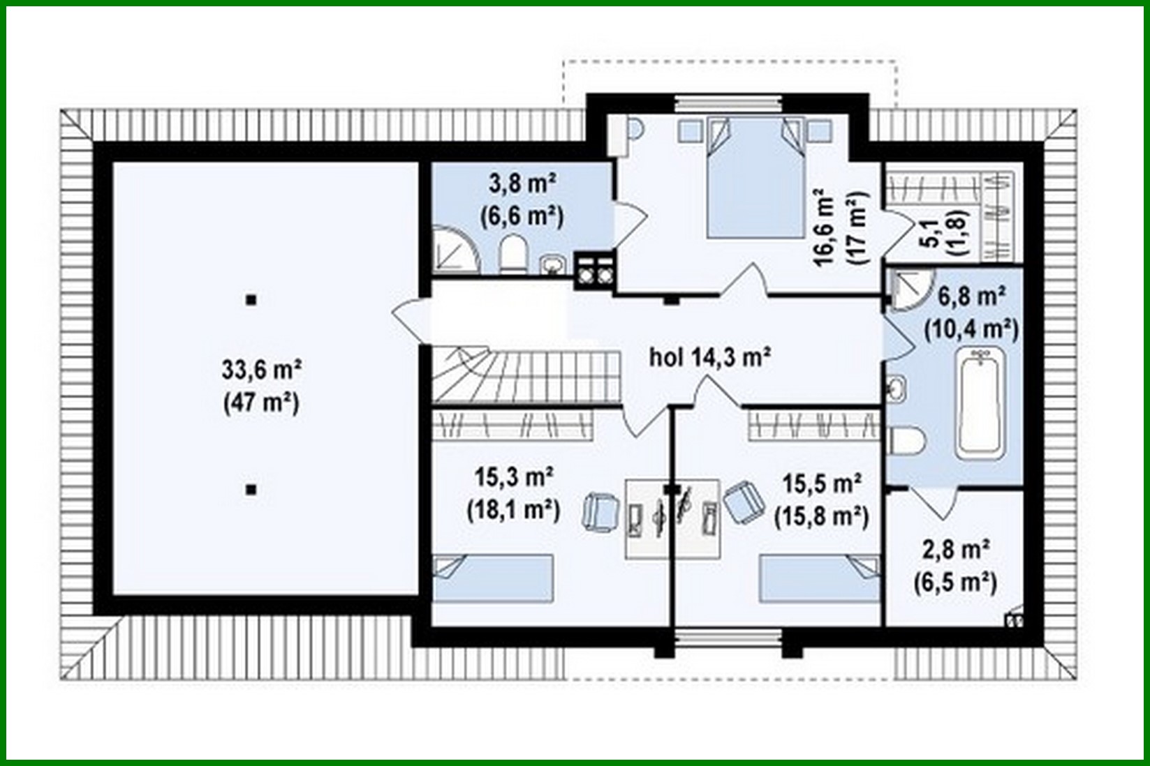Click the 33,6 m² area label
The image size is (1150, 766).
pyautogui.click(x=261, y=370)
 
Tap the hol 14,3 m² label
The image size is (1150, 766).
pyautogui.click(x=710, y=358)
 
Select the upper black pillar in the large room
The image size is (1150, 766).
pyautogui.click(x=251, y=301)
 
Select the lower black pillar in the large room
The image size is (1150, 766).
pyautogui.click(x=251, y=490)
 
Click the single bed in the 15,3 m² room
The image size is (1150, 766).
pyautogui.click(x=494, y=577)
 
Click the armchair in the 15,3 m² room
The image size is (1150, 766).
pyautogui.click(x=600, y=512)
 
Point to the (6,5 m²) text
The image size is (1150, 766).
pyautogui.click(x=955, y=581)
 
